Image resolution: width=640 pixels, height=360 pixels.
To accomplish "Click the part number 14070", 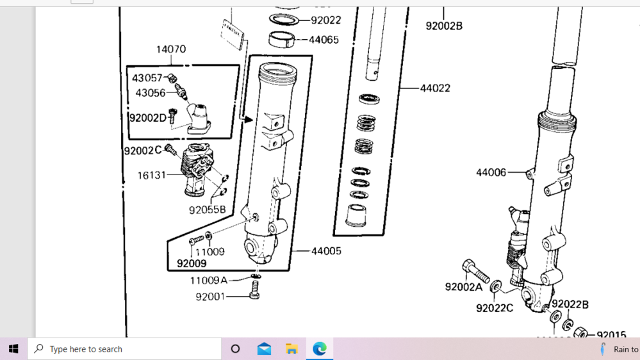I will (170, 49).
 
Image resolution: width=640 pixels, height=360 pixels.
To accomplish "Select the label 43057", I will (147, 78).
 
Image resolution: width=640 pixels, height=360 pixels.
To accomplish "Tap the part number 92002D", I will (147, 118).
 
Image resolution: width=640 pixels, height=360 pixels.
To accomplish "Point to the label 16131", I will (151, 175).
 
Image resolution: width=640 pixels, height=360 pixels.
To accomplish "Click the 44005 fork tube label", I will (326, 251).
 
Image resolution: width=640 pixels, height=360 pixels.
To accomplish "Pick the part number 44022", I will (435, 88).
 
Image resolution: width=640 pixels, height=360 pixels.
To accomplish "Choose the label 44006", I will (491, 172).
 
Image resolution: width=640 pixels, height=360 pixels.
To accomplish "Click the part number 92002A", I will (463, 287).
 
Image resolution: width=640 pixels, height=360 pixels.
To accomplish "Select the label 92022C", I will (494, 308).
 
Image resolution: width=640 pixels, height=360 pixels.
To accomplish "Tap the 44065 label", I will (324, 40).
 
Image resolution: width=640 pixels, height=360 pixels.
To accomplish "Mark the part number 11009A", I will (208, 281).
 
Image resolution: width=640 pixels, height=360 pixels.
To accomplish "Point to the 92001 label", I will (211, 297).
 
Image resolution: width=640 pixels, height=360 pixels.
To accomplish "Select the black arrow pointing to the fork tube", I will (246, 119).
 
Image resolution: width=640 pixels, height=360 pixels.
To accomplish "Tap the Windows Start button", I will (13, 349).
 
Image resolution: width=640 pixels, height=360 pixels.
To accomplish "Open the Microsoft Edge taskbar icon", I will (319, 349).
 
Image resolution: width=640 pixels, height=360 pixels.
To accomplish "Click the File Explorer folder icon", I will (291, 349).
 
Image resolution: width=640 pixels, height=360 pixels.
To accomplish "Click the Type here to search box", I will (125, 349).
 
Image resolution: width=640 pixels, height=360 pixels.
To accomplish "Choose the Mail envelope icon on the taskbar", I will (264, 349).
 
